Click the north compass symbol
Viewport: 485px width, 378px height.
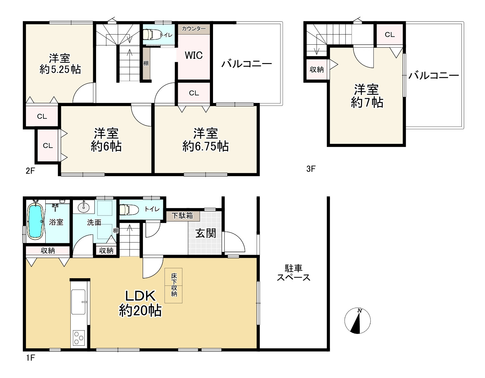point(357,321)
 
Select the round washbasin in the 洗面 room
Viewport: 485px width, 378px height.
point(84,207)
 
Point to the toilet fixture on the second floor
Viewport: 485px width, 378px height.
point(152,35)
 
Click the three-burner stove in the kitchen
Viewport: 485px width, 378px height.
point(79,338)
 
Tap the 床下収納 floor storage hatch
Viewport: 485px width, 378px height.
point(173,285)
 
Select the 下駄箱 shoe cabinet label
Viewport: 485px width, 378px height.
point(182,216)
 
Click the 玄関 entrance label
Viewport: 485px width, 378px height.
point(205,234)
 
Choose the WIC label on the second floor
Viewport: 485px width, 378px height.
point(194,55)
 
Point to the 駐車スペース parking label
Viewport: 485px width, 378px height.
point(294,273)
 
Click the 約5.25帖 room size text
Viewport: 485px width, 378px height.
point(60,69)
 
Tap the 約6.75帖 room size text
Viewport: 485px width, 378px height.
point(205,146)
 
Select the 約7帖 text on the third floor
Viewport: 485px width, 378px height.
point(367,103)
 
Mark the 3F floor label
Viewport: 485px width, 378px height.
point(311,169)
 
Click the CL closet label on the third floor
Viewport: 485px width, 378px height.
point(390,35)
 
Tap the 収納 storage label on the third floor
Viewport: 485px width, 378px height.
point(316,70)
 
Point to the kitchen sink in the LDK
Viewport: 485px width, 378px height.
point(78,302)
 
